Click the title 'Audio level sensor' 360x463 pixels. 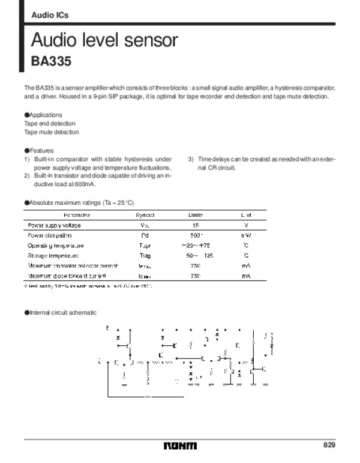[x=104, y=41]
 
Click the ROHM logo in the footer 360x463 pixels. [x=180, y=446]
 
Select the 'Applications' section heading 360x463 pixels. [x=44, y=114]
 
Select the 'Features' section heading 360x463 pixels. [x=41, y=150]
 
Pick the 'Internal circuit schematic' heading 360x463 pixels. [x=61, y=313]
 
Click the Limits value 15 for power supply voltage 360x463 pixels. [x=196, y=225]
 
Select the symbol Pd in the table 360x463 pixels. [x=145, y=235]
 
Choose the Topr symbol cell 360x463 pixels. [x=145, y=246]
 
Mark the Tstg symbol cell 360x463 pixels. [x=145, y=256]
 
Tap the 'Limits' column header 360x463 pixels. [x=196, y=214]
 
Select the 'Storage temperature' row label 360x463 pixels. [x=56, y=256]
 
